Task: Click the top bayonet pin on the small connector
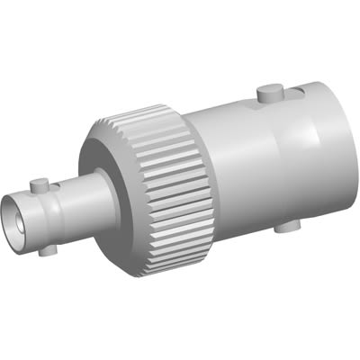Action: pyautogui.click(x=38, y=185)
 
